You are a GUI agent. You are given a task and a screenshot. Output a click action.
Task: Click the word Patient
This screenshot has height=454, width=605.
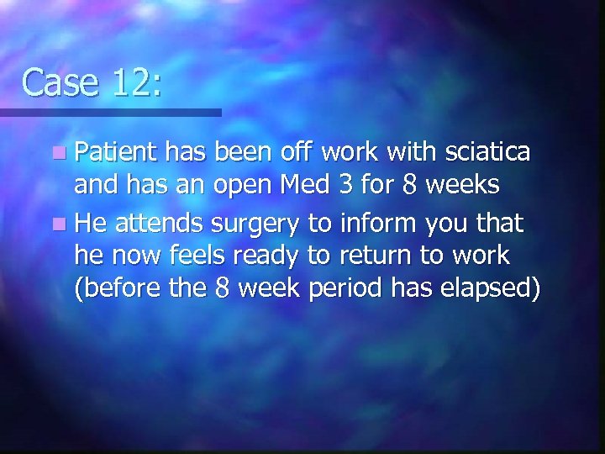(117, 154)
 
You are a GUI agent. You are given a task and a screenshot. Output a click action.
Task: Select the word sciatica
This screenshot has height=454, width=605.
(487, 154)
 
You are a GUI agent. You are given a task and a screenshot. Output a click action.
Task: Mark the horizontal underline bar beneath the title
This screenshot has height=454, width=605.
(109, 112)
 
